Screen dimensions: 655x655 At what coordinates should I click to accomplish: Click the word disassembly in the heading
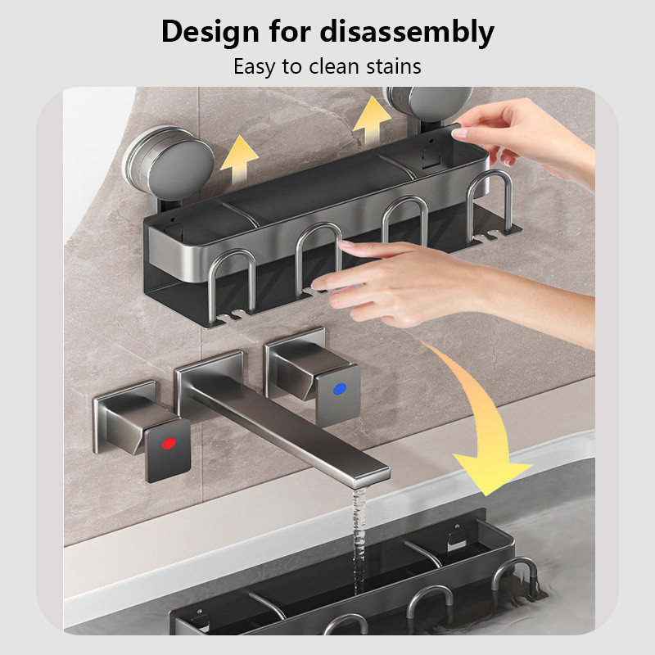click(407, 32)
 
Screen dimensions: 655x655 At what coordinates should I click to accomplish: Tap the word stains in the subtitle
click(394, 66)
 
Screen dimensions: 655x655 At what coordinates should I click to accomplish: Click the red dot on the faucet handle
click(169, 443)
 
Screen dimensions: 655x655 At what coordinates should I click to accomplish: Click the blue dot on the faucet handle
click(339, 389)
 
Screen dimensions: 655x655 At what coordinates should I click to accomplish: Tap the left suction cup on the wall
click(169, 163)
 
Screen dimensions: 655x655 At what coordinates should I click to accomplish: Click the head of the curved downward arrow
click(492, 477)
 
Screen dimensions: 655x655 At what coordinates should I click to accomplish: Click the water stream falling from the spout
click(359, 539)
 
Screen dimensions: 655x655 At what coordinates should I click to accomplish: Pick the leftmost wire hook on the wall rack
click(233, 285)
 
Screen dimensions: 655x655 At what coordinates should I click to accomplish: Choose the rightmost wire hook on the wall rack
click(489, 204)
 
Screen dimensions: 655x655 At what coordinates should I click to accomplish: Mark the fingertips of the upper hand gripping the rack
click(459, 133)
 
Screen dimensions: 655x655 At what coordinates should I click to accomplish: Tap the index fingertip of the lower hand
click(345, 245)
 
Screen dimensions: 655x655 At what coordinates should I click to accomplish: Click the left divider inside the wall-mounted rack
click(239, 214)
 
